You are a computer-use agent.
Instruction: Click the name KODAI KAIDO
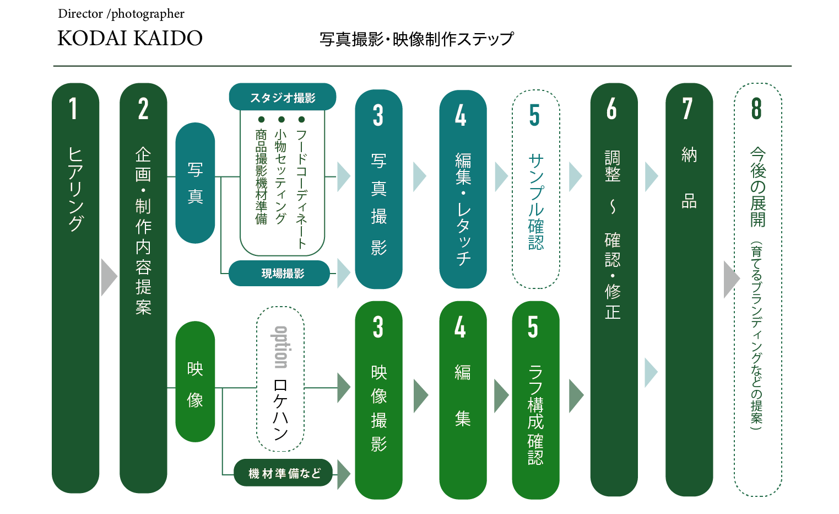coord(130,38)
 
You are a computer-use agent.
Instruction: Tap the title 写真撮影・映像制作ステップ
coord(416,39)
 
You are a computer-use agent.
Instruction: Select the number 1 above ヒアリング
coord(73,108)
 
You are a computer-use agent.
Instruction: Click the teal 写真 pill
coord(195,183)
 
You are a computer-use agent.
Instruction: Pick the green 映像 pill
coord(195,382)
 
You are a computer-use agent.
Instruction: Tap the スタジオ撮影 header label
coord(283,97)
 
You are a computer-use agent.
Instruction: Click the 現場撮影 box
coord(279,274)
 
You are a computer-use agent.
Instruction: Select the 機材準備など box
coord(284,473)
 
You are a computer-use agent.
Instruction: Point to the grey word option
coord(281,347)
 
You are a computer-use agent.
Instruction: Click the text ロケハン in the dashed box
coord(280,409)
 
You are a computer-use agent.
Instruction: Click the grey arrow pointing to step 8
coord(732,279)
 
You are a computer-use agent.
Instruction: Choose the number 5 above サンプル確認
coord(535,115)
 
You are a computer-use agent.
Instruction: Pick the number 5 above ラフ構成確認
coord(533,327)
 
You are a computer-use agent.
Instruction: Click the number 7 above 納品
coord(688,109)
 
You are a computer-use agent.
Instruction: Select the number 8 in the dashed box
coord(756,108)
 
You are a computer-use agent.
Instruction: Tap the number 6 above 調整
coord(611,109)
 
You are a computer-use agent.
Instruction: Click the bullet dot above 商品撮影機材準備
coord(262,120)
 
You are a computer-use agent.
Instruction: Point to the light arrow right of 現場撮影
coord(343,274)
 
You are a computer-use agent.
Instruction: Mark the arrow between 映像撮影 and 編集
coord(421,396)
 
